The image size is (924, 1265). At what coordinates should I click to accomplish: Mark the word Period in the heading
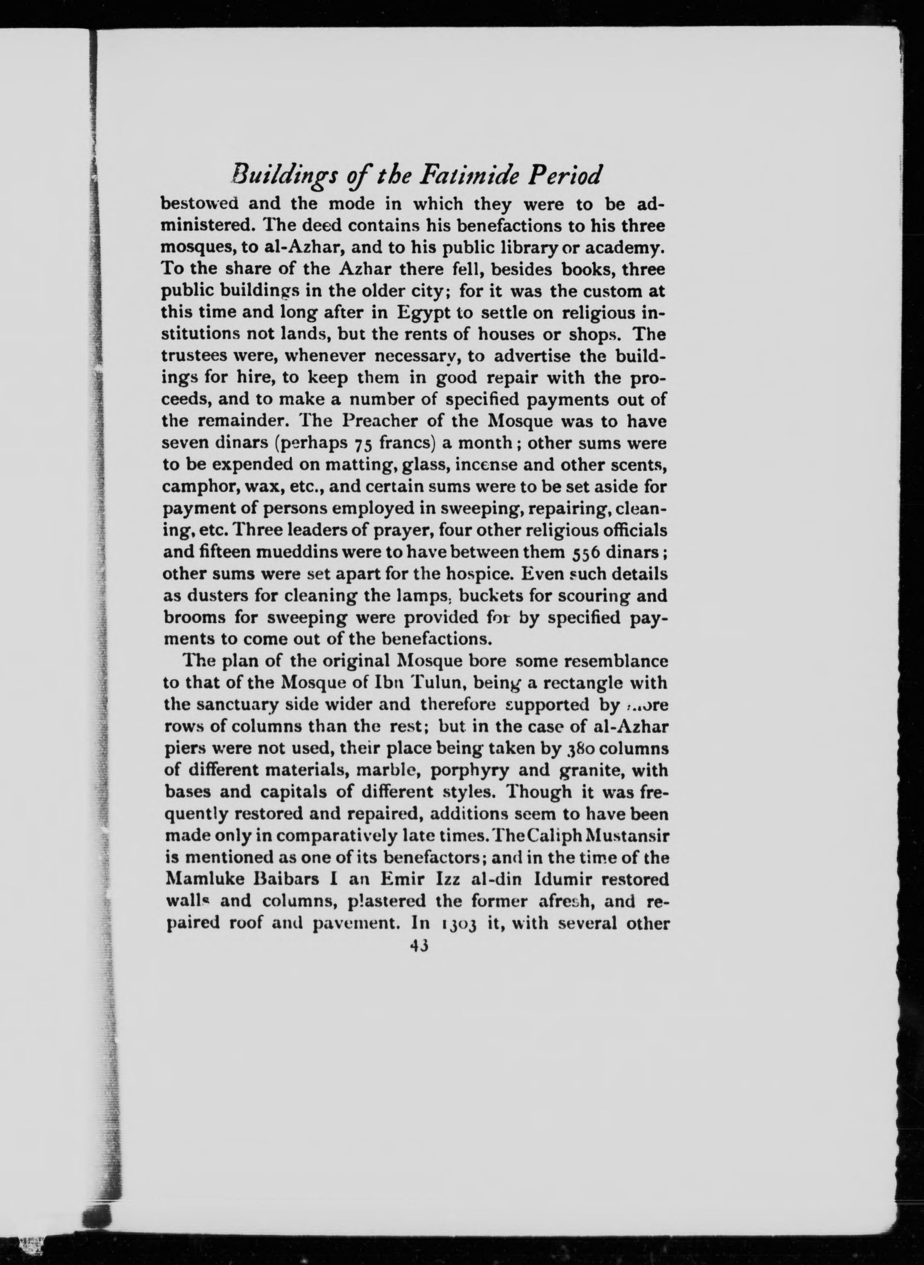(566, 176)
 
